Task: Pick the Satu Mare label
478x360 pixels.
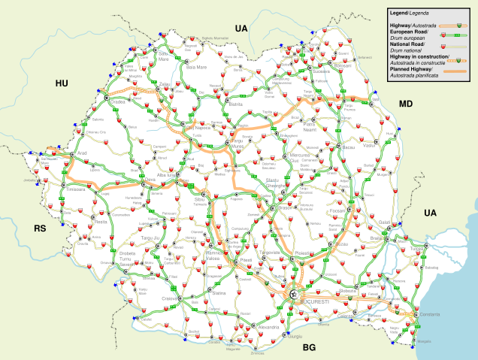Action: click(163, 56)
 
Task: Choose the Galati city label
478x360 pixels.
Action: click(386, 222)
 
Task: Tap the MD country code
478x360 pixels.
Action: click(405, 104)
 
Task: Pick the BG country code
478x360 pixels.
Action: click(308, 348)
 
